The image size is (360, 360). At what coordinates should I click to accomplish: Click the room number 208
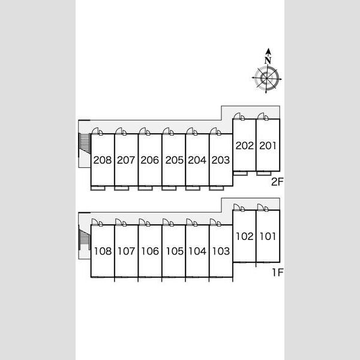click(103, 160)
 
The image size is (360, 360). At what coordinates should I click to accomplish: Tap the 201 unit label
click(268, 146)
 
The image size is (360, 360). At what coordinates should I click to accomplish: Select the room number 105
click(175, 251)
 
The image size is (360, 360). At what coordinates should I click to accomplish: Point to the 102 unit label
click(245, 236)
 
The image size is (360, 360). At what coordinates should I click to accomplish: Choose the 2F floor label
click(277, 182)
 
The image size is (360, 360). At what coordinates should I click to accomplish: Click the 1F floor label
click(278, 272)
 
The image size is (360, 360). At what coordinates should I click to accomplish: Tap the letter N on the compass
click(268, 61)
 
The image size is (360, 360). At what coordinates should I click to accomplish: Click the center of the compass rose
click(266, 78)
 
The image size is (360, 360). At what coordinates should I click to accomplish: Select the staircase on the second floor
click(84, 143)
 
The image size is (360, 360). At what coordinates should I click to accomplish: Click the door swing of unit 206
click(143, 131)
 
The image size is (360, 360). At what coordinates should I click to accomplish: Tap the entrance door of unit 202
click(237, 116)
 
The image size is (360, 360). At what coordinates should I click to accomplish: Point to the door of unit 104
click(190, 222)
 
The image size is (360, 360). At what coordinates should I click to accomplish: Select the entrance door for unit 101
click(261, 207)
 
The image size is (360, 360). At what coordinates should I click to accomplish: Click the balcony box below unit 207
click(121, 188)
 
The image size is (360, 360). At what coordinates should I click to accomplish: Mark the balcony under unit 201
click(264, 173)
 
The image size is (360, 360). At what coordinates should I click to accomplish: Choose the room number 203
click(221, 160)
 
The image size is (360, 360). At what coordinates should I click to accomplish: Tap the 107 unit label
click(126, 251)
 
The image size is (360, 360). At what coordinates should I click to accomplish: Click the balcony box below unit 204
click(193, 188)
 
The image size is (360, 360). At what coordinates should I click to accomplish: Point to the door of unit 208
click(95, 131)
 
